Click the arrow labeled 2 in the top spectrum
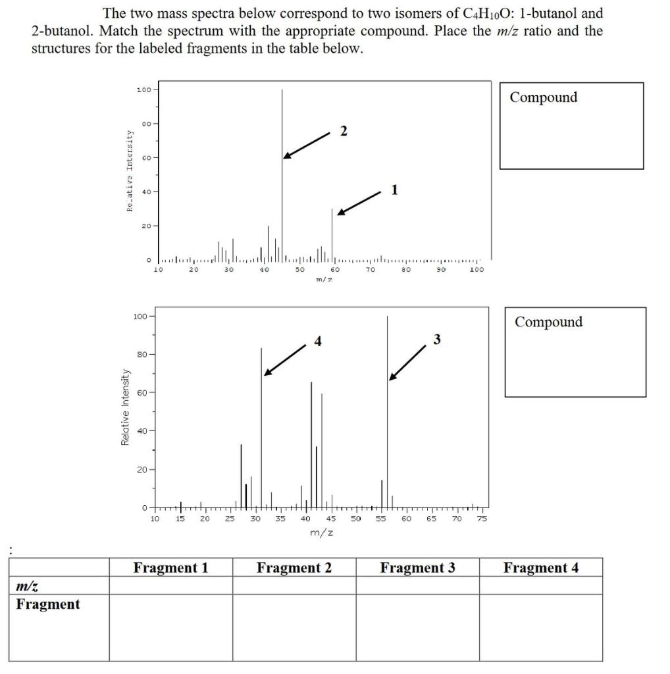tap(307, 144)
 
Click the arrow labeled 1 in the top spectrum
tap(359, 203)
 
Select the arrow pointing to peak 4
tap(285, 359)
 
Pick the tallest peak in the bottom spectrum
tap(387, 408)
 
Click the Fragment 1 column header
tap(170, 567)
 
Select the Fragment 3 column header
tap(417, 567)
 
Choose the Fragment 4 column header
tap(540, 567)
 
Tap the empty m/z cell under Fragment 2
tap(294, 585)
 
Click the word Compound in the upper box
tap(543, 97)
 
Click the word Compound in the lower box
tap(548, 322)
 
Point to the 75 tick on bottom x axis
tap(482, 519)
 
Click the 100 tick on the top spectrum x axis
tap(477, 269)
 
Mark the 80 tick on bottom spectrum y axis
tap(142, 354)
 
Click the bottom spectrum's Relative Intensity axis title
tap(125, 407)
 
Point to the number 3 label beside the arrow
tap(437, 340)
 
